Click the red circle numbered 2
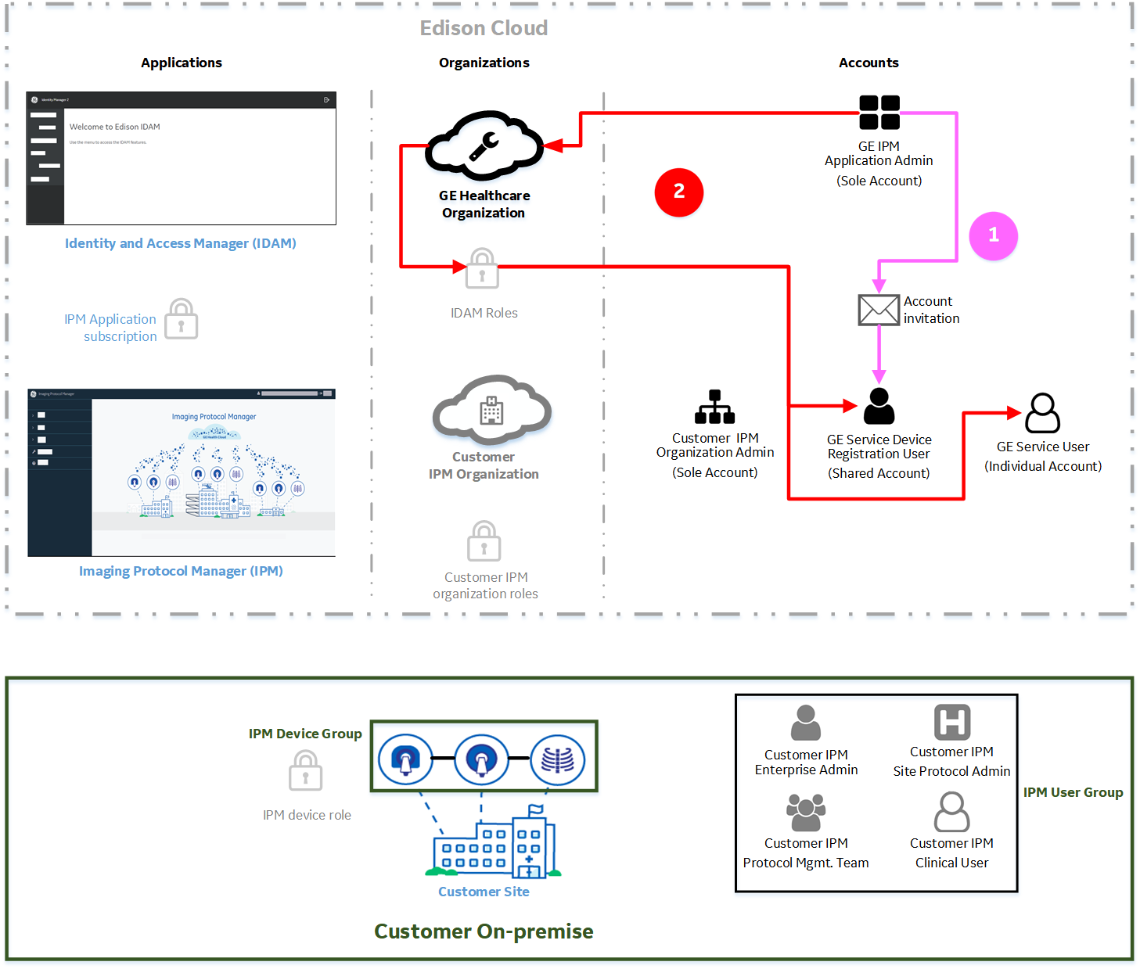pos(678,192)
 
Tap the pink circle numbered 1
pos(993,235)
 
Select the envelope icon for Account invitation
pos(879,310)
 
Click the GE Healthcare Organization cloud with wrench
pos(484,145)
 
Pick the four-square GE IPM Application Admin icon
pos(879,112)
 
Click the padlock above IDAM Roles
pos(482,270)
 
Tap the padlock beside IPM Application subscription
pos(182,320)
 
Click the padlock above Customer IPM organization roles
pos(484,542)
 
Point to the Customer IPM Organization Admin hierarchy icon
pos(714,407)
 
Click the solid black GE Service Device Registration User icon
pos(879,406)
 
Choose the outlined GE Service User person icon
pos(1042,413)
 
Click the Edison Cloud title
pos(484,28)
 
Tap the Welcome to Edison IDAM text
pos(114,127)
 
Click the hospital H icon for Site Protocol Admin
pos(951,722)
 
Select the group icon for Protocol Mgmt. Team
pos(806,813)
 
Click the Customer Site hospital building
pos(494,846)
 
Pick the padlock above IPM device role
pos(305,771)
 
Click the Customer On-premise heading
pos(484,931)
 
